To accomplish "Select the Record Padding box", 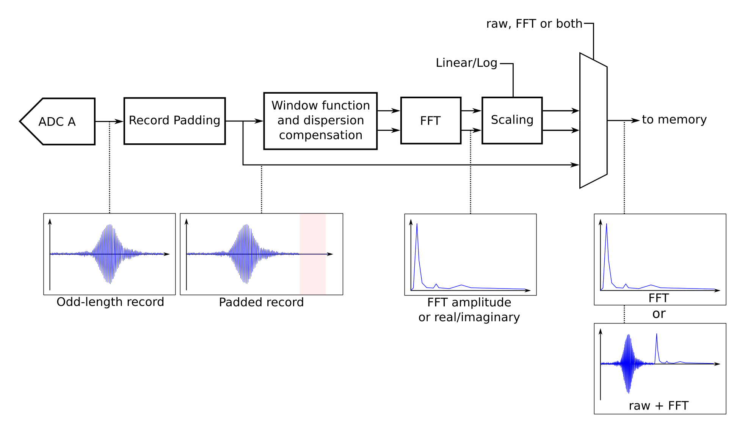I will click(x=174, y=121).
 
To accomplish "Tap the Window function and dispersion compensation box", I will click(x=320, y=121).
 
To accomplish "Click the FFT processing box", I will click(x=431, y=121).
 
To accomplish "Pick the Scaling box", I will click(x=512, y=120).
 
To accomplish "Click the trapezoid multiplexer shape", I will click(x=593, y=121).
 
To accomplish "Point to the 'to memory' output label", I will click(x=674, y=119).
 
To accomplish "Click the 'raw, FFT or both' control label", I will click(x=534, y=24).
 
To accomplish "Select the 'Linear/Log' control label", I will click(x=466, y=63).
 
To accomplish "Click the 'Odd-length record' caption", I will click(x=110, y=302).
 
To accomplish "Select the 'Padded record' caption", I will click(x=261, y=302).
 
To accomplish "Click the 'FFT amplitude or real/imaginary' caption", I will click(x=469, y=309).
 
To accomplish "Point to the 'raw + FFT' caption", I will click(x=659, y=406).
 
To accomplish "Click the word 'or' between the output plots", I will click(x=659, y=314).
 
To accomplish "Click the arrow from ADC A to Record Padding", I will click(x=110, y=121).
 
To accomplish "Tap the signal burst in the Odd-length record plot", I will click(x=110, y=254).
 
